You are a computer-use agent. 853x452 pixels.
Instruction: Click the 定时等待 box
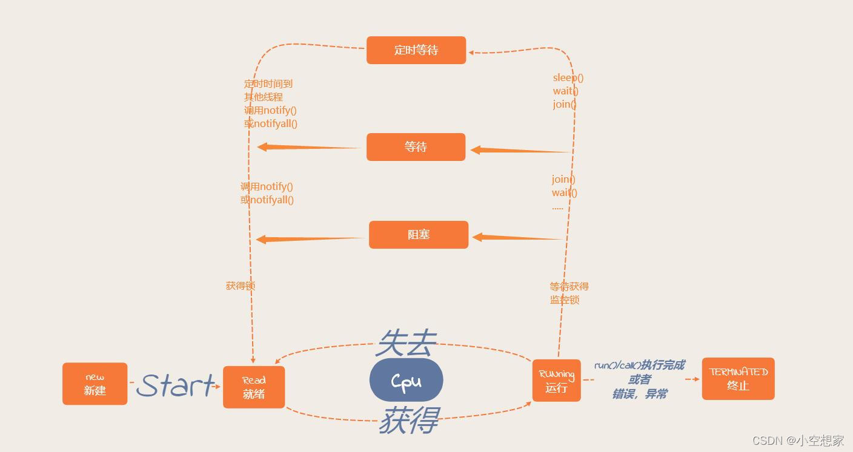click(x=416, y=50)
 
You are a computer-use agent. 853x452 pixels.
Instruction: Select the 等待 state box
click(x=416, y=147)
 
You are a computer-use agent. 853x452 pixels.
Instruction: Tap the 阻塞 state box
click(x=419, y=235)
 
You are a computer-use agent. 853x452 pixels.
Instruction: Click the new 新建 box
click(x=95, y=384)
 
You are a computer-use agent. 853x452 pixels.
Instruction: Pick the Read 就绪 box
click(x=254, y=387)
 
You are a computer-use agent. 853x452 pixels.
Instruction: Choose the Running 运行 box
click(x=556, y=381)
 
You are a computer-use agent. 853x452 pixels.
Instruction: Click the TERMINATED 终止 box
click(x=738, y=379)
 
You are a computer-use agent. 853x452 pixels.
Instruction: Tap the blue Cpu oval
click(x=406, y=380)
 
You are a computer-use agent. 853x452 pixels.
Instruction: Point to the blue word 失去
click(x=406, y=344)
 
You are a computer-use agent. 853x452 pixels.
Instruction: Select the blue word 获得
click(x=409, y=420)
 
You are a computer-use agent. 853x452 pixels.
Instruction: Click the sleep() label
click(x=568, y=78)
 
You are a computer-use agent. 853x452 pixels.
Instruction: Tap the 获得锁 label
click(x=241, y=286)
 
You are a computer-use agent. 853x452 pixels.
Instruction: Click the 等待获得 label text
click(x=569, y=286)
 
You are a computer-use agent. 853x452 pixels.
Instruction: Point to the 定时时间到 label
click(x=268, y=84)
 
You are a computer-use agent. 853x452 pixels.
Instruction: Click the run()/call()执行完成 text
click(x=639, y=365)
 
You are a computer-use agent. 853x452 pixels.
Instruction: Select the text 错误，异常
click(x=639, y=394)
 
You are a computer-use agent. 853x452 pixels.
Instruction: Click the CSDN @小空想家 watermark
click(x=798, y=441)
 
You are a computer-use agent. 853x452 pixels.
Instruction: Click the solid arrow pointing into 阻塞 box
click(x=518, y=238)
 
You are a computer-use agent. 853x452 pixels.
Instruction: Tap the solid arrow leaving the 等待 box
click(x=309, y=147)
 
